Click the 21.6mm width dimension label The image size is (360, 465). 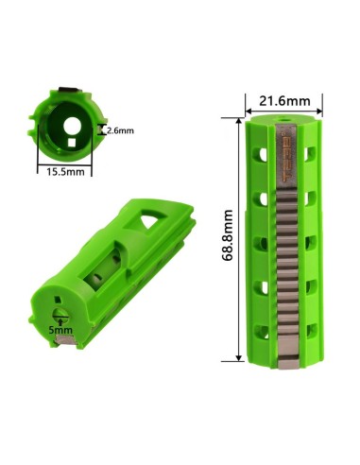(x=284, y=101)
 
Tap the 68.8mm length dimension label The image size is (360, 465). (x=227, y=235)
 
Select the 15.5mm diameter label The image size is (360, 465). (x=65, y=172)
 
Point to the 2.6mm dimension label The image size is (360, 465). (x=120, y=130)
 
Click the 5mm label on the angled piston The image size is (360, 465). (x=60, y=331)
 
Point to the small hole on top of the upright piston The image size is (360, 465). (x=283, y=120)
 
